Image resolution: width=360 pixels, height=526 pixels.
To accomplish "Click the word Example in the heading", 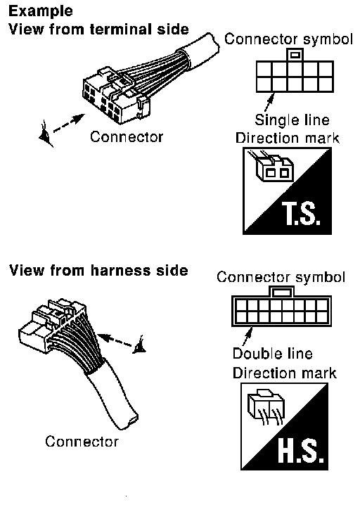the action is pyautogui.click(x=41, y=11).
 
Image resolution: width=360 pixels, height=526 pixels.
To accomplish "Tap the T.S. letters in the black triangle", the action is pyautogui.click(x=301, y=213).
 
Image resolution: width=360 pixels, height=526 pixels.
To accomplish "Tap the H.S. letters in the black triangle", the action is pyautogui.click(x=301, y=451).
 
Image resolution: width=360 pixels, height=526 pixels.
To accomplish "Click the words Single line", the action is pyautogui.click(x=292, y=120).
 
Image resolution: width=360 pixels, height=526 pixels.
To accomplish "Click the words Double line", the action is pyautogui.click(x=272, y=354).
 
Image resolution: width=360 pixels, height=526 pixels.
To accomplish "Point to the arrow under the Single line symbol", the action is pyautogui.click(x=269, y=102).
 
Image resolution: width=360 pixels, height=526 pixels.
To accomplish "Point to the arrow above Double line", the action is pyautogui.click(x=247, y=336).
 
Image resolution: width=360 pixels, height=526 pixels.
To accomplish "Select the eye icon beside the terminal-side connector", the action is pyautogui.click(x=46, y=135).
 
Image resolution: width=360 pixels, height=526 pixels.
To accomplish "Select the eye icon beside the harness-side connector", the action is pyautogui.click(x=140, y=345).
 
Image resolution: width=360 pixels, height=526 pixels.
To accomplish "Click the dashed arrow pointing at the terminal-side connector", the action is pyautogui.click(x=69, y=123).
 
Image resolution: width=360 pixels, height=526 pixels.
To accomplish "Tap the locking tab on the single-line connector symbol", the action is pyautogui.click(x=295, y=55).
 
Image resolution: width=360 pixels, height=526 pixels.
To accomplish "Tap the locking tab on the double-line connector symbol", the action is pyautogui.click(x=281, y=292).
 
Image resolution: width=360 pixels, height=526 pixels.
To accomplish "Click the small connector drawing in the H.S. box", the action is pyautogui.click(x=266, y=406).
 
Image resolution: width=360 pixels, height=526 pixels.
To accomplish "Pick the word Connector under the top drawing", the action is pyautogui.click(x=127, y=137).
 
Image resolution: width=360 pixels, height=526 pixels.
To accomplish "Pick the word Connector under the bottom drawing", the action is pyautogui.click(x=82, y=442).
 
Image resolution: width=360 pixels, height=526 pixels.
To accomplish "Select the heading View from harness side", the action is pyautogui.click(x=98, y=270).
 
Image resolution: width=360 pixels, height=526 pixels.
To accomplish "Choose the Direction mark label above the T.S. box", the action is pyautogui.click(x=287, y=138).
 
